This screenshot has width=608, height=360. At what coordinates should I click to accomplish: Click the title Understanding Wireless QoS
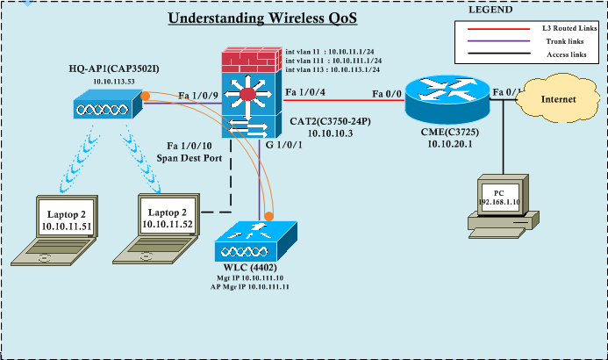pos(262,18)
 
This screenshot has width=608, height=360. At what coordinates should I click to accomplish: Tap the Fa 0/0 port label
pos(385,93)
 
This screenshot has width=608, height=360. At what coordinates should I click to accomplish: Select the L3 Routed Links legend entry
pos(553,28)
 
